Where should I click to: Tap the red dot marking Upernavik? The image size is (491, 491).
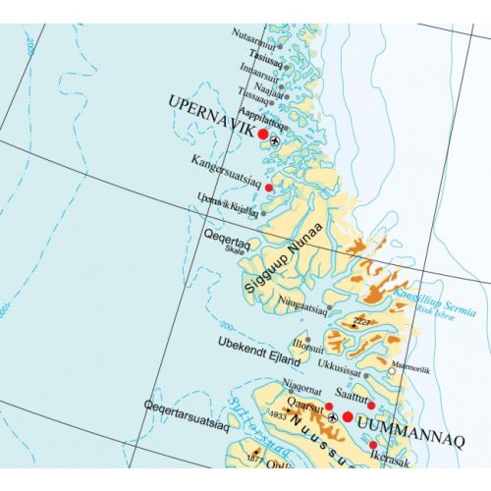(x=263, y=134)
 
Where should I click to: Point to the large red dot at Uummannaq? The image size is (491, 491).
(x=347, y=417)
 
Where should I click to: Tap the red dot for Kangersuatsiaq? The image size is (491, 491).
(x=268, y=186)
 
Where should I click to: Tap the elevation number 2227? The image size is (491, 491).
(x=363, y=321)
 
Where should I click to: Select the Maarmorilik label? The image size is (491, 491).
(x=411, y=369)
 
